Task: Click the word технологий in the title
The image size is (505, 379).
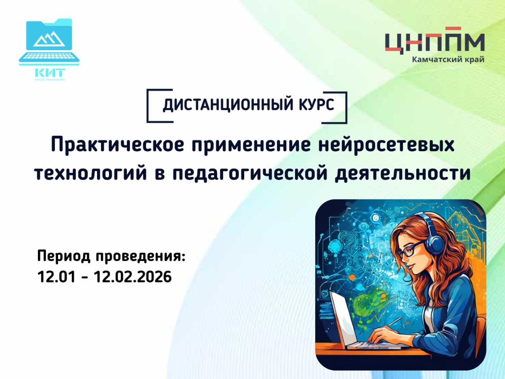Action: [88, 173]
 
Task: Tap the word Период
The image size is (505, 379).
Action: [64, 257]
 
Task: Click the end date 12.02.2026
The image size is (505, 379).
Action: [133, 277]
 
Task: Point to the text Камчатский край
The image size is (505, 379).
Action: [448, 60]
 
